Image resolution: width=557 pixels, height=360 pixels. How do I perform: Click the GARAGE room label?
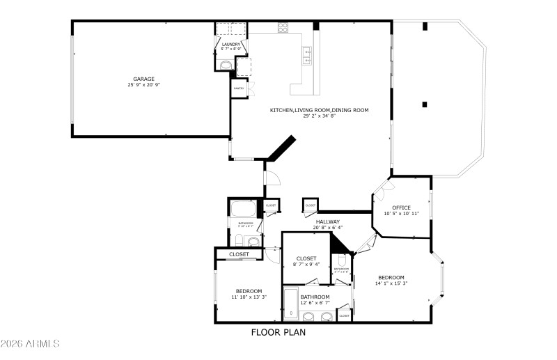144,79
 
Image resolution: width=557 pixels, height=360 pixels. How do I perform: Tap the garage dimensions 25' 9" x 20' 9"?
144,85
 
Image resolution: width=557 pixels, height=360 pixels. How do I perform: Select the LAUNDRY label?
231,45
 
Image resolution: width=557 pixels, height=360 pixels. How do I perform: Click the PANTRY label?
238,89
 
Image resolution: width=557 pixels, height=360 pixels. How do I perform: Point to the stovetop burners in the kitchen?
284,28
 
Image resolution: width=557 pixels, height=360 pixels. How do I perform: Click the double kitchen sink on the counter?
306,54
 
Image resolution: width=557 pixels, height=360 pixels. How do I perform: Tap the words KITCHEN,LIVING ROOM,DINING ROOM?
320,110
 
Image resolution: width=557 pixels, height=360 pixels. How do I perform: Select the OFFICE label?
401,208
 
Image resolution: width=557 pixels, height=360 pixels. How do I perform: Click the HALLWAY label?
327,221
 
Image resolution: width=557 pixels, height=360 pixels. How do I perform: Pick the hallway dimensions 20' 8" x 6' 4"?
327,228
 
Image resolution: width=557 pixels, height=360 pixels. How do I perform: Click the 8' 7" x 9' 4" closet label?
306,258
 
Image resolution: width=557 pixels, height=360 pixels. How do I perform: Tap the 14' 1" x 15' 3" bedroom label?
391,277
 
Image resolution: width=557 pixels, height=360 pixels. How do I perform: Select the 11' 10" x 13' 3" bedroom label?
249,291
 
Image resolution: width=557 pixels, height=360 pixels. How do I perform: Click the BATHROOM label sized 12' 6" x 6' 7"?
315,297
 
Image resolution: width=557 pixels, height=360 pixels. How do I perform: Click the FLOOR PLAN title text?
278,332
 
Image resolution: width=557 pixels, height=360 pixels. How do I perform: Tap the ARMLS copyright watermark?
31,345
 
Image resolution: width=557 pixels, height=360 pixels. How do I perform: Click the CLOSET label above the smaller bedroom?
239,255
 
